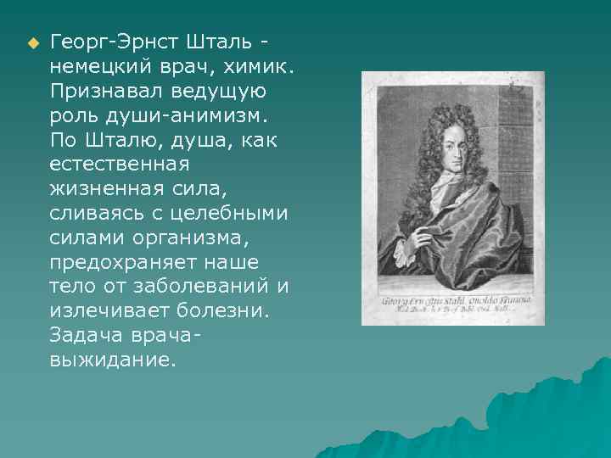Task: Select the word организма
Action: point(181,237)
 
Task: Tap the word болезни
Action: point(219,310)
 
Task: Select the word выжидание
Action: point(113,360)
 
